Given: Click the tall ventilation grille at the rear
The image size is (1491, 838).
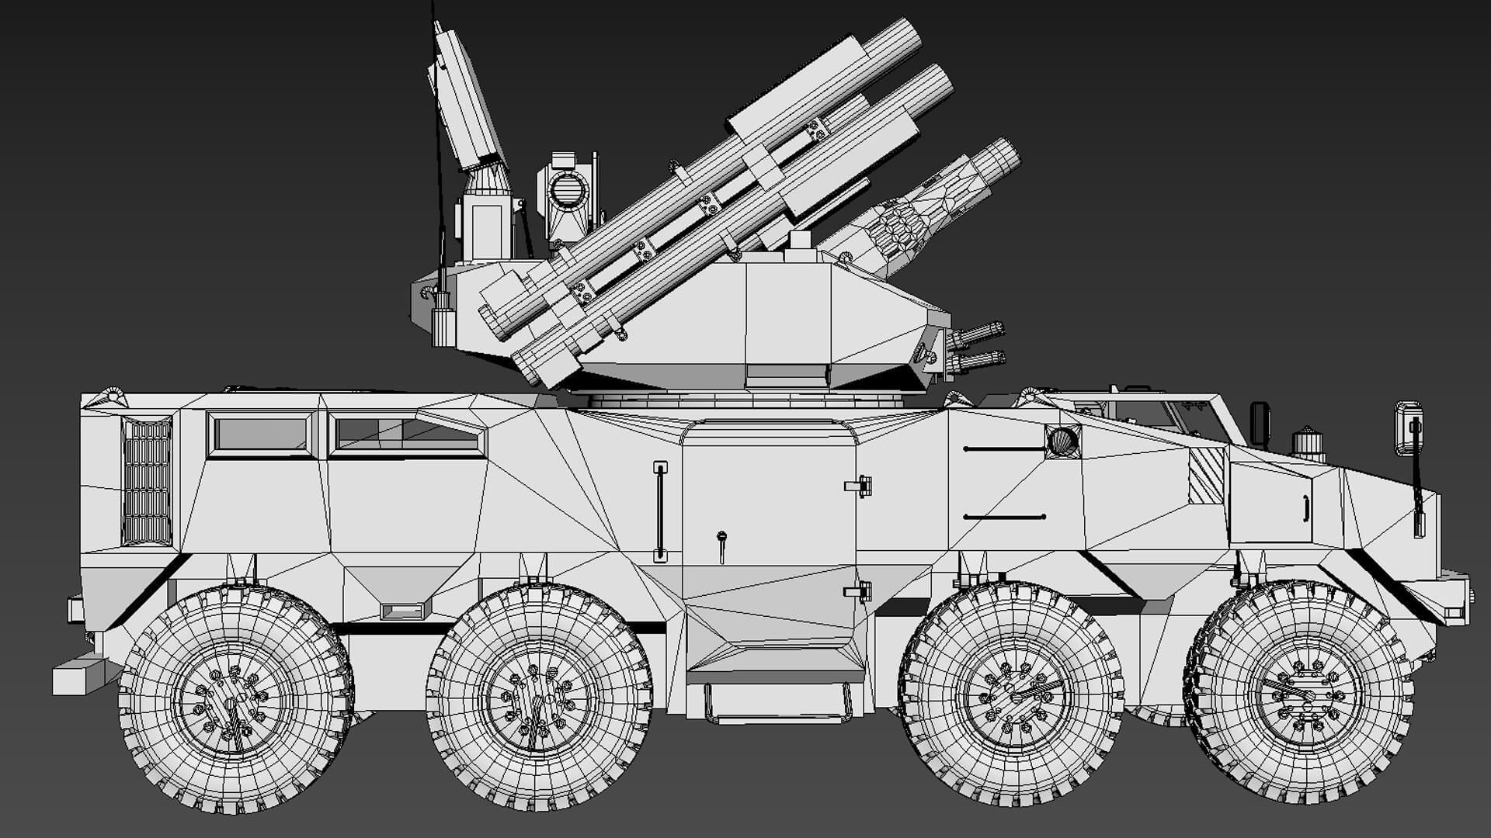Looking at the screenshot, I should [x=147, y=482].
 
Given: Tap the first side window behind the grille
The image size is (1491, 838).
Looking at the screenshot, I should [x=261, y=435].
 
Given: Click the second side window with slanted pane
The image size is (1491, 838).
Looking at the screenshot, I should [x=407, y=435].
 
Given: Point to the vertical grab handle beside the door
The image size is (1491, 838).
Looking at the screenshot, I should [x=660, y=511].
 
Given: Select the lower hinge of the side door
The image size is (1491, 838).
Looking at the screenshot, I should [x=859, y=592].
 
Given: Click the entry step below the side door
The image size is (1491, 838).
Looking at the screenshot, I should [x=777, y=703].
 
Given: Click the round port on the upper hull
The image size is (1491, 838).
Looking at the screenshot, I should [x=1063, y=442].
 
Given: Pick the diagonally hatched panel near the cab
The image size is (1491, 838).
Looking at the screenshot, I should [x=1206, y=475].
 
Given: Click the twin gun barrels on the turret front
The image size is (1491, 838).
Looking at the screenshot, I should [x=977, y=348].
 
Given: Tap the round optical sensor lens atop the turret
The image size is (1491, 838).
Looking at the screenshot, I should [x=568, y=189].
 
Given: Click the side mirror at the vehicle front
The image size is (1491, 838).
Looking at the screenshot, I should [x=1408, y=428].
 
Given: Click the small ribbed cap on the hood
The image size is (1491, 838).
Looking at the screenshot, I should [x=1309, y=444].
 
